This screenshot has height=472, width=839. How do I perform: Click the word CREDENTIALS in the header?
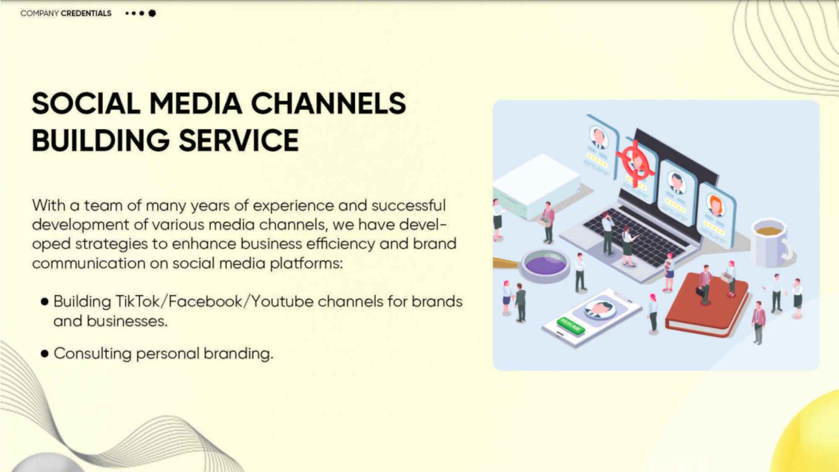tap(86, 13)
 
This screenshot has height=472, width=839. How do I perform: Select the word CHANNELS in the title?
tap(328, 103)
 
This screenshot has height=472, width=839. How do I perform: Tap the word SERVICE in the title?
tap(239, 140)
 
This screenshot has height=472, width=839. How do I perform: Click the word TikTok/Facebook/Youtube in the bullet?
tap(214, 302)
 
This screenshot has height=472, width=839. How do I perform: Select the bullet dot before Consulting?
tap(44, 354)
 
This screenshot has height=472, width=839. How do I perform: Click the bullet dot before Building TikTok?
tap(44, 302)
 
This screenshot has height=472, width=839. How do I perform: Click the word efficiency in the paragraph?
tap(341, 244)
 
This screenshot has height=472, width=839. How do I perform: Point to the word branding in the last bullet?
tap(238, 354)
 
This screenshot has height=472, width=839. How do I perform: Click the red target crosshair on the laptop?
tap(635, 162)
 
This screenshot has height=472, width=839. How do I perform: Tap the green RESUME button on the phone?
tap(571, 325)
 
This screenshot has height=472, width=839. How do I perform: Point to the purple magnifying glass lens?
tap(545, 264)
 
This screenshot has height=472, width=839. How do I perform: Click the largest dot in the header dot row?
tap(152, 13)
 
